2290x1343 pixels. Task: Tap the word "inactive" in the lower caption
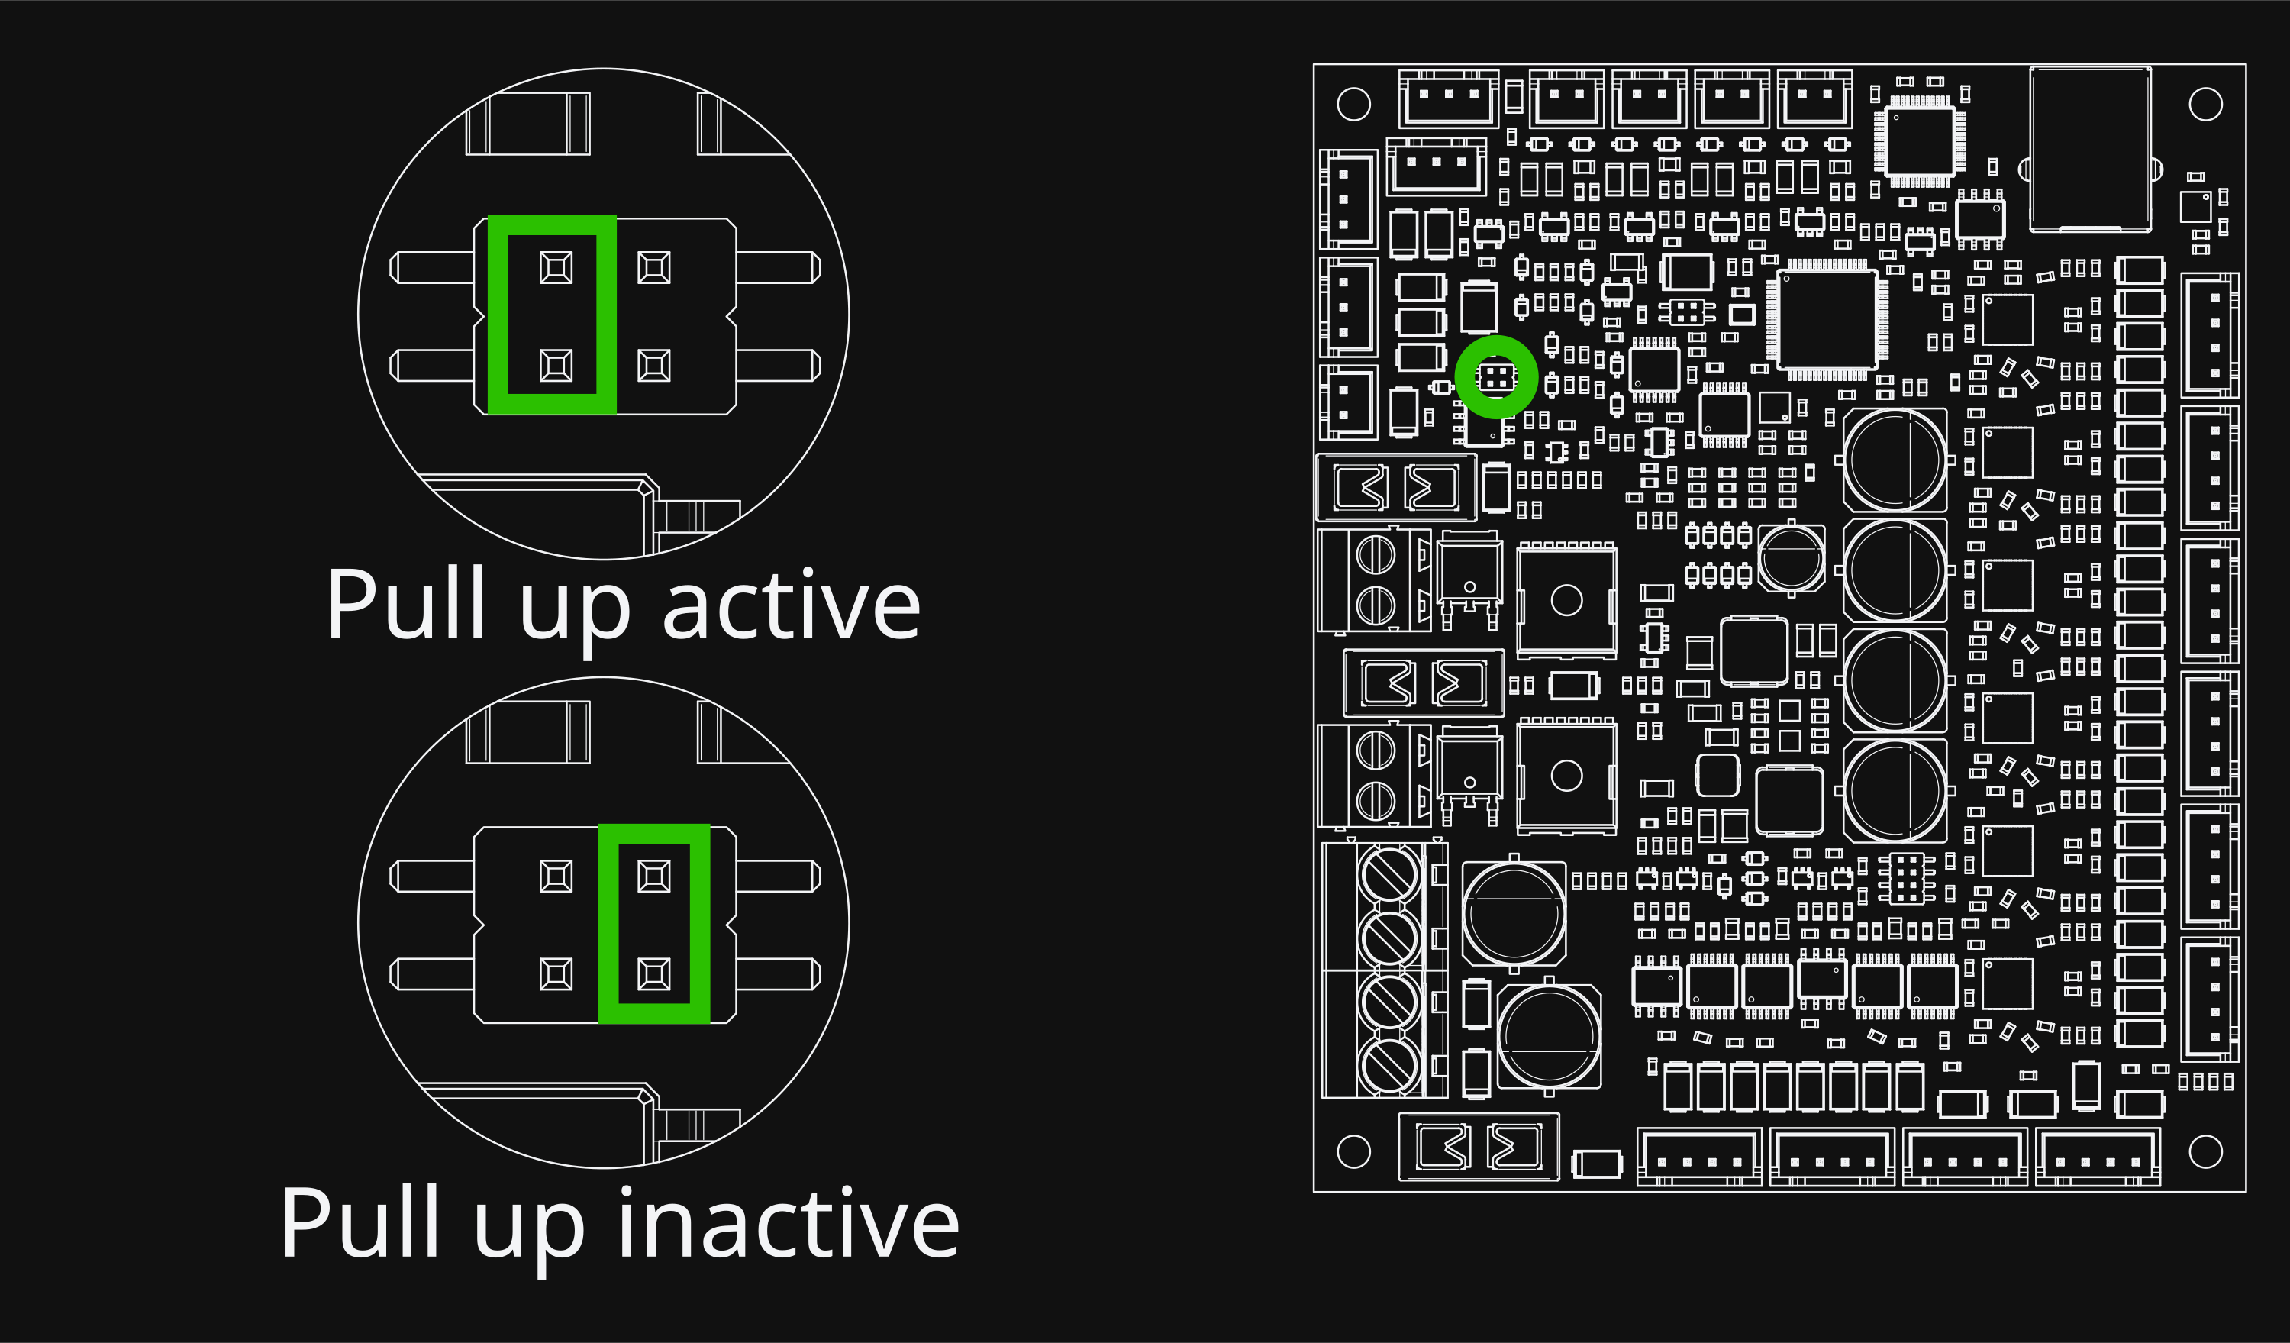pyautogui.click(x=788, y=1222)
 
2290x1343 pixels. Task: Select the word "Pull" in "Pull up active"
pyautogui.click(x=406, y=602)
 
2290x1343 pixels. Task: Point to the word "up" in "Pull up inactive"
pyautogui.click(x=529, y=1233)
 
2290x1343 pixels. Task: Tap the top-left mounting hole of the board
pyautogui.click(x=1353, y=104)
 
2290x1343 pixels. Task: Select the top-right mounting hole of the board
pyautogui.click(x=2205, y=104)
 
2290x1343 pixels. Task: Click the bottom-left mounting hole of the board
pyautogui.click(x=1353, y=1151)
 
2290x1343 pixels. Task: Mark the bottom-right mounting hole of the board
pyautogui.click(x=2205, y=1151)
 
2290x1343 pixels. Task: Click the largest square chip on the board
pyautogui.click(x=1827, y=319)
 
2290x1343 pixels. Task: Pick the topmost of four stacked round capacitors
pyautogui.click(x=1895, y=460)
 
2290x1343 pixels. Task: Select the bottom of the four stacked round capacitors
pyautogui.click(x=1895, y=790)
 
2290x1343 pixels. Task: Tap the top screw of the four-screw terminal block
pyautogui.click(x=1389, y=874)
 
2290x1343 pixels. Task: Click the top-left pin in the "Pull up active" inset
pyautogui.click(x=556, y=268)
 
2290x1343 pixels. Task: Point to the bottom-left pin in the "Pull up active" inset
pyautogui.click(x=556, y=365)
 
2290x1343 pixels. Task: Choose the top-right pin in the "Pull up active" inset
pyautogui.click(x=654, y=268)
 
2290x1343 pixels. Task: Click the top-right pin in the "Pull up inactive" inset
pyautogui.click(x=654, y=877)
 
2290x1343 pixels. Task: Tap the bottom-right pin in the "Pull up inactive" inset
pyautogui.click(x=654, y=974)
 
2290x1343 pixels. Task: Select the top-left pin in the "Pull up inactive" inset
pyautogui.click(x=556, y=877)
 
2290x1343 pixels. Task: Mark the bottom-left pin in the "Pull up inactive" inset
pyautogui.click(x=556, y=974)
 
